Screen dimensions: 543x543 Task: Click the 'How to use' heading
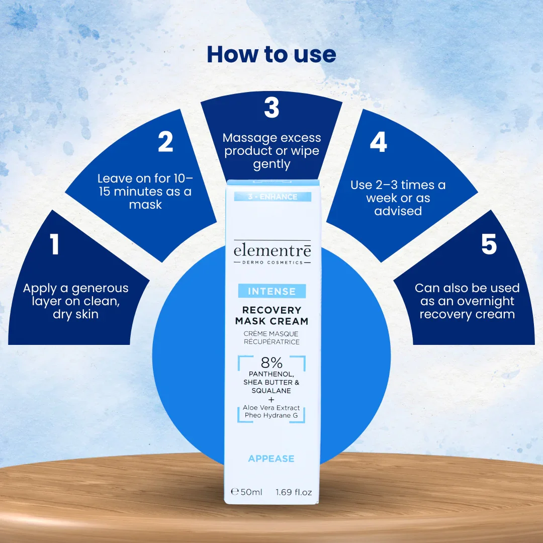pos(271,54)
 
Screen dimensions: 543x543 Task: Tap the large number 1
pos(54,244)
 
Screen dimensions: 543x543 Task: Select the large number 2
pos(165,141)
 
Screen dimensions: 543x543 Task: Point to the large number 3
pos(271,108)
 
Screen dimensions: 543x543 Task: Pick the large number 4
pos(378,142)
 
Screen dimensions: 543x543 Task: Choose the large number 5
pos(489,244)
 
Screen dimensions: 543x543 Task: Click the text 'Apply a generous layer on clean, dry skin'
pos(75,301)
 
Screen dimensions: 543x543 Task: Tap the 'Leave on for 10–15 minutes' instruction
pos(145,191)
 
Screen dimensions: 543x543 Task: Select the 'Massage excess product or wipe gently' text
pos(272,151)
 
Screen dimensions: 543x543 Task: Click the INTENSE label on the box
pos(272,291)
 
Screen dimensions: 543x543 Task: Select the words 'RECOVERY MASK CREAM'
pos(272,315)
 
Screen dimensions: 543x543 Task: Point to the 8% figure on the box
pos(271,363)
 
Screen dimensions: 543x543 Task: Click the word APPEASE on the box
pos(271,459)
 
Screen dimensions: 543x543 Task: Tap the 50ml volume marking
pos(246,492)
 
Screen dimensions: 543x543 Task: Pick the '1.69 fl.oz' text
pos(294,492)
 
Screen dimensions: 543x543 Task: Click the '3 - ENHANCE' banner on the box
pos(273,197)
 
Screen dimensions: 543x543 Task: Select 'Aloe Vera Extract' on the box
pos(271,408)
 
